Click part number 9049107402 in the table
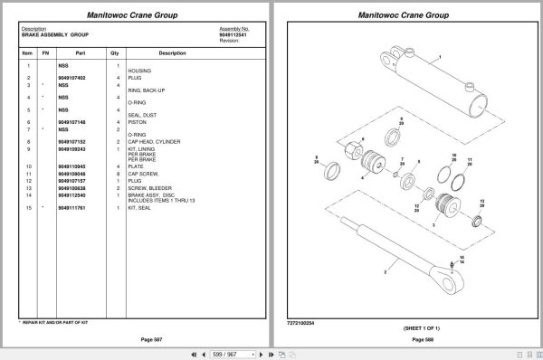point(71,79)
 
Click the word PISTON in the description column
point(138,122)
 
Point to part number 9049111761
point(71,209)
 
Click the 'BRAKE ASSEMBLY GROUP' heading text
point(50,34)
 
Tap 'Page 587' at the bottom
point(137,338)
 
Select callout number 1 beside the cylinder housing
point(439,56)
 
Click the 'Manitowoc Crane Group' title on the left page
point(137,15)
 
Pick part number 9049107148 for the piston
point(71,122)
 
